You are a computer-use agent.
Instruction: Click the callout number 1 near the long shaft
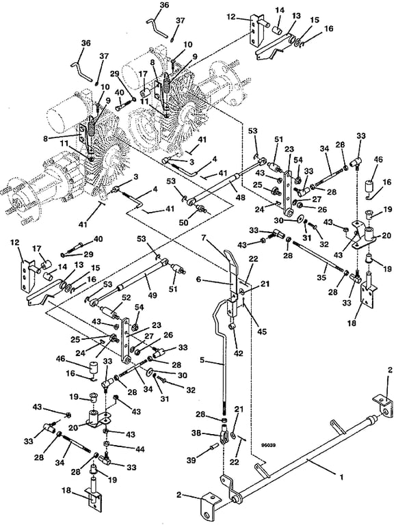point(341,477)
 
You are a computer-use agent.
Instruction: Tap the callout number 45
point(262,332)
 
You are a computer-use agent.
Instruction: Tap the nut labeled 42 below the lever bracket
point(231,326)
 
